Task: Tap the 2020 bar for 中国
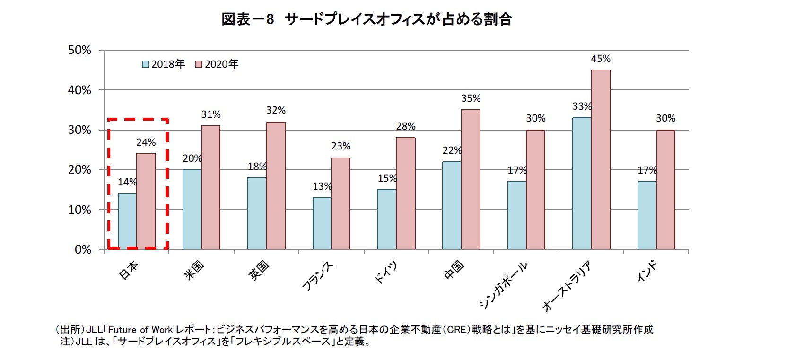coord(471,179)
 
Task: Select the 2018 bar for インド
coord(646,215)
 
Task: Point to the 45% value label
coord(601,59)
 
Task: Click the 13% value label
coord(322,186)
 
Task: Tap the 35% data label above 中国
coord(471,98)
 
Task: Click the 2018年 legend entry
coord(164,64)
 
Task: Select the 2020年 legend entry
coord(217,64)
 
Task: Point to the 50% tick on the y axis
coord(79,50)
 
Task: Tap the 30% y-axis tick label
coord(79,130)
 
